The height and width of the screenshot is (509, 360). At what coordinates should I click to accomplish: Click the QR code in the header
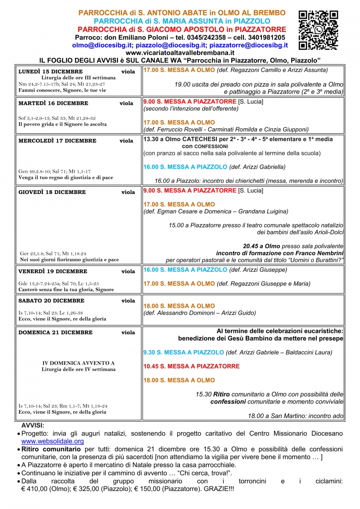tap(318, 30)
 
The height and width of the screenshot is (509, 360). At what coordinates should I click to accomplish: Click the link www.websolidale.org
tap(53, 441)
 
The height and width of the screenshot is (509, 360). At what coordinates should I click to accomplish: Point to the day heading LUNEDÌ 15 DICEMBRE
tap(50, 72)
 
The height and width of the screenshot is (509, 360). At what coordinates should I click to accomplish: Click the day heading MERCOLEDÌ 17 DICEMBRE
tap(57, 141)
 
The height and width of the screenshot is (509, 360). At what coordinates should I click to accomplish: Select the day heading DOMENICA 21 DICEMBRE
tap(55, 333)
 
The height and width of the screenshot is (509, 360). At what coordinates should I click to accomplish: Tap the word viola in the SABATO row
tap(128, 301)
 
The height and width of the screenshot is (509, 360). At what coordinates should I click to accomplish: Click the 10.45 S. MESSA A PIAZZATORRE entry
tap(191, 366)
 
